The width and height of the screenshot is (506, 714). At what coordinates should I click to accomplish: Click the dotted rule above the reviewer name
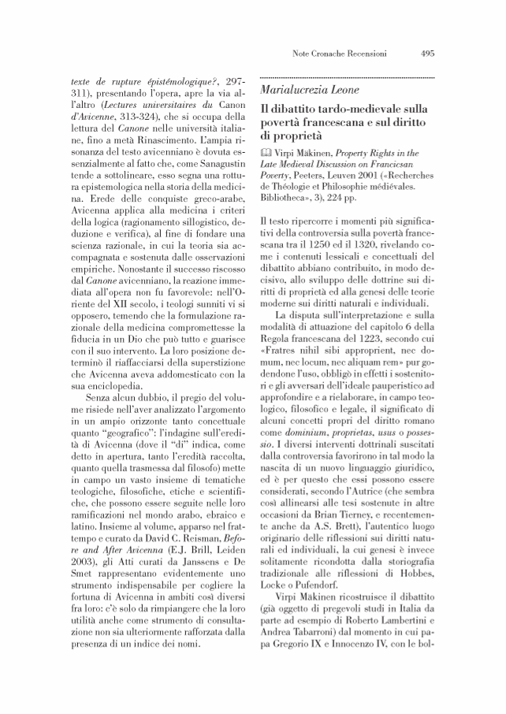pos(347,76)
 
